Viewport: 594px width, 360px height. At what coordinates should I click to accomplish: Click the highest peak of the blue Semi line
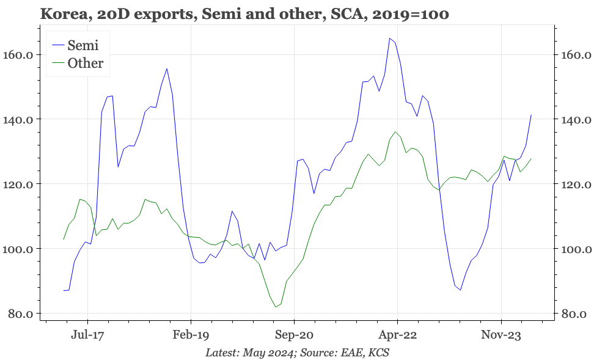(390, 38)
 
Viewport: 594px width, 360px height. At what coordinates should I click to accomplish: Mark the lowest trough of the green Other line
(276, 307)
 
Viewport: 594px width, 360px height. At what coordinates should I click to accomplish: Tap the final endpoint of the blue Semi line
(531, 115)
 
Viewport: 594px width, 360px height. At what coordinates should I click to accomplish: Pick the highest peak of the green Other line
(395, 131)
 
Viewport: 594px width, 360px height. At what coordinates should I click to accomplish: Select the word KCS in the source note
(377, 353)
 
